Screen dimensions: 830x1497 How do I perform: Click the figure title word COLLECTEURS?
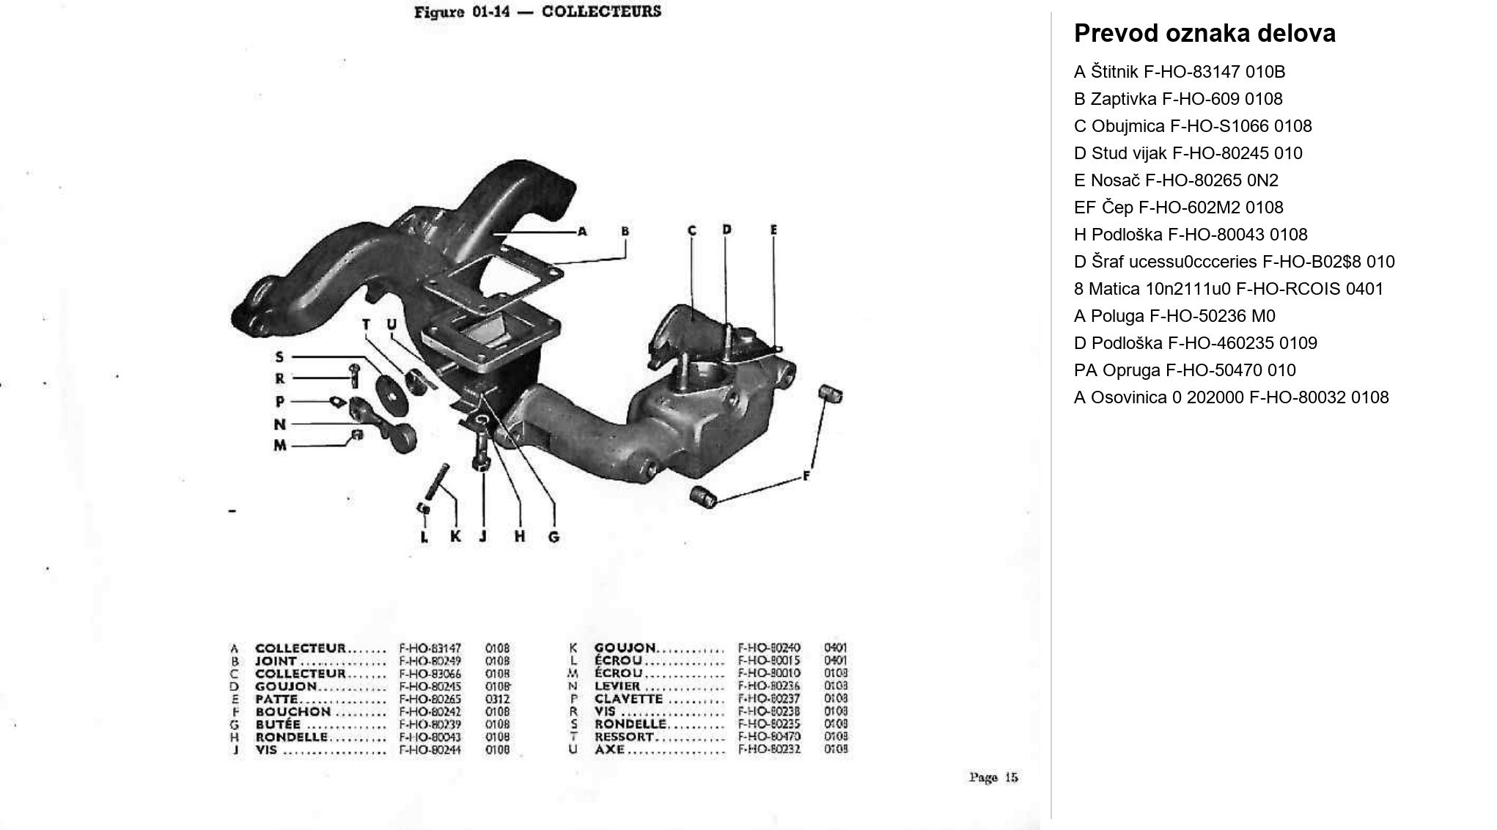[x=601, y=12]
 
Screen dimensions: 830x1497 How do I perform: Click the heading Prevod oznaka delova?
[x=1204, y=34]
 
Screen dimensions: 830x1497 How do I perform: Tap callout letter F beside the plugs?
[x=806, y=476]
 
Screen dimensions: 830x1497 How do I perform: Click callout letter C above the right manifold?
[x=691, y=231]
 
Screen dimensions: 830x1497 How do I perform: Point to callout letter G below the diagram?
[x=553, y=537]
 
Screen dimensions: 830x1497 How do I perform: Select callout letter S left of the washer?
[x=279, y=357]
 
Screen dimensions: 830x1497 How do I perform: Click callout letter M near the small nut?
[x=280, y=445]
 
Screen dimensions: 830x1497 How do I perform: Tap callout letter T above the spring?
[x=367, y=325]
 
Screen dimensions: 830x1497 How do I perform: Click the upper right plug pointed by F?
[x=831, y=394]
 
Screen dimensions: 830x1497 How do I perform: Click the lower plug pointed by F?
[x=704, y=496]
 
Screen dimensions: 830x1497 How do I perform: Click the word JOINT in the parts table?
[x=276, y=661]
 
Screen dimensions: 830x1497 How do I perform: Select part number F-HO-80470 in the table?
[x=769, y=736]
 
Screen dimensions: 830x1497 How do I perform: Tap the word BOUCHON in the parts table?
[x=293, y=711]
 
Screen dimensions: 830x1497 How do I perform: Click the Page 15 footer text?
[x=993, y=777]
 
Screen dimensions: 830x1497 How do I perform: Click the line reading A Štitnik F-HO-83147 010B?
[x=1179, y=72]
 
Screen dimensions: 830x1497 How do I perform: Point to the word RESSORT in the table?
[x=623, y=736]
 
